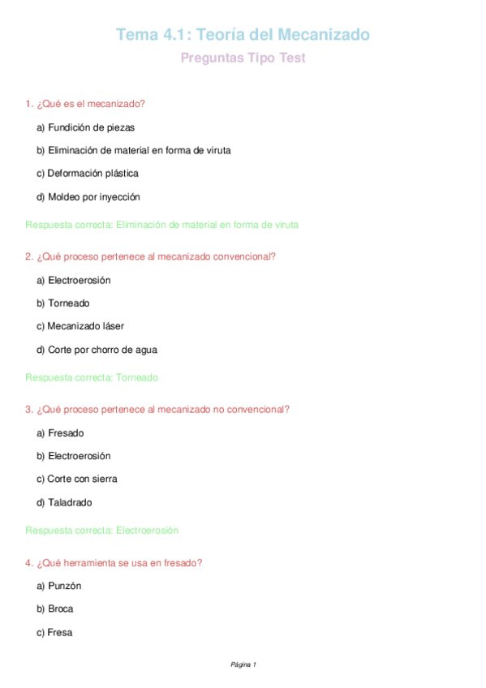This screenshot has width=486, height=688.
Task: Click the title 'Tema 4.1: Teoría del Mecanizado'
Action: point(243,35)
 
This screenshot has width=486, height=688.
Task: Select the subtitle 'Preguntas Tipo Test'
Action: point(243,58)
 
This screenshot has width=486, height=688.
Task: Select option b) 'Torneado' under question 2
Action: point(63,303)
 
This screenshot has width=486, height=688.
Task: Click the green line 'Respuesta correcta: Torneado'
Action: point(92,377)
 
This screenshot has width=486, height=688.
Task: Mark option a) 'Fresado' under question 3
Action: point(60,433)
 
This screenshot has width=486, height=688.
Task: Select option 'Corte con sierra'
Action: point(76,479)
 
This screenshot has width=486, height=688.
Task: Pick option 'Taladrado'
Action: point(64,502)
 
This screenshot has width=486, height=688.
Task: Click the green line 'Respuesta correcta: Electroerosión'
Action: point(101,531)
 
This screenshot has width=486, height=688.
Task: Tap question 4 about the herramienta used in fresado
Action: point(114,562)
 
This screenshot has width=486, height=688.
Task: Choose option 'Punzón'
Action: point(58,586)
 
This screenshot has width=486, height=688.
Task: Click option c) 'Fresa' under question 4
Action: point(54,632)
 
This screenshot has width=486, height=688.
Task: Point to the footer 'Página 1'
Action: point(243,664)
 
